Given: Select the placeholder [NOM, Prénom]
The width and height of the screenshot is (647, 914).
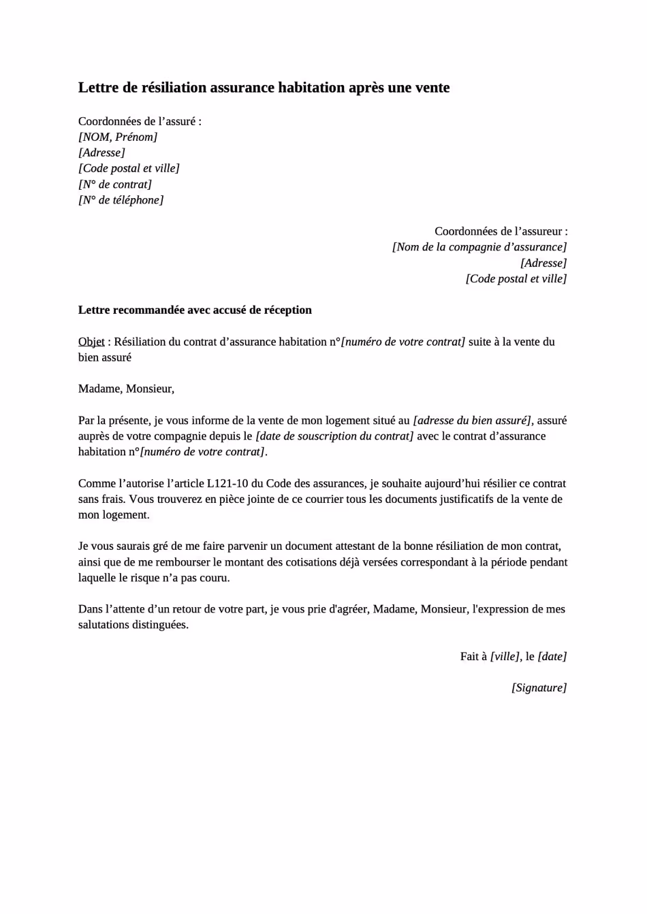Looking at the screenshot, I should [118, 137].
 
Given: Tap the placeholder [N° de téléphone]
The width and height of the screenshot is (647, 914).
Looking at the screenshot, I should [121, 200].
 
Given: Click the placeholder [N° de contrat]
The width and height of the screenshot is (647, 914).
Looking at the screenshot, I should [115, 184].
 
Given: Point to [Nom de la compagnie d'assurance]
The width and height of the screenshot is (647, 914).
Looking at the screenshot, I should [479, 247].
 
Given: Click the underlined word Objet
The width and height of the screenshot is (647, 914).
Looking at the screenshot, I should [91, 342].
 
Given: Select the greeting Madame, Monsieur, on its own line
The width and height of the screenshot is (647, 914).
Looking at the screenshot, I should [126, 389].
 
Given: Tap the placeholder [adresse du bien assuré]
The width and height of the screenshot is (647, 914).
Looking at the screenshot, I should [473, 421].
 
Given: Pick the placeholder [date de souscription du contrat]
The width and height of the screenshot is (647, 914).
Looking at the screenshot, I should [334, 436].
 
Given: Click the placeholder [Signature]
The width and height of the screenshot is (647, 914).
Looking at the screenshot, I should [539, 687].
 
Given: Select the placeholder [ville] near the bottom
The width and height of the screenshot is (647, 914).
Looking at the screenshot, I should [505, 656].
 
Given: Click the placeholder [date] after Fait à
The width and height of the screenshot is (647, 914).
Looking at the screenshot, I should [552, 656].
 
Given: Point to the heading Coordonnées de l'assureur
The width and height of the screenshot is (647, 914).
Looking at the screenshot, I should [501, 231].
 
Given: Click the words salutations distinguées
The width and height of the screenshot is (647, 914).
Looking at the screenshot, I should [133, 625].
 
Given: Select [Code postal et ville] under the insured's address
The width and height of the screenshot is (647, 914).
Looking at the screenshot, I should [129, 168].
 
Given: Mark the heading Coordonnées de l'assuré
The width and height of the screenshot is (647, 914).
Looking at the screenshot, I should [139, 121].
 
